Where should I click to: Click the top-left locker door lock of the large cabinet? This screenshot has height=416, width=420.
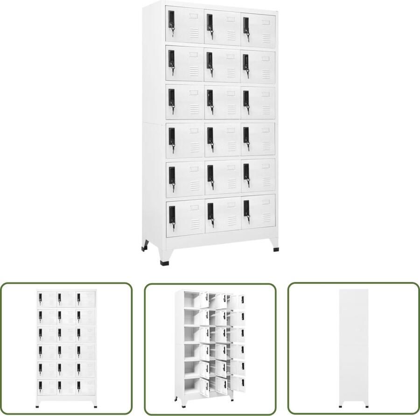[x=172, y=20]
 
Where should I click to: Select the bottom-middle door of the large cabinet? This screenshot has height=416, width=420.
[x=222, y=217]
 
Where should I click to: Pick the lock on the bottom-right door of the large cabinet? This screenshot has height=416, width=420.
[x=246, y=209]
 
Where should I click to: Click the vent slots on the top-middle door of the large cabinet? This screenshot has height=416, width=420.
[x=231, y=34]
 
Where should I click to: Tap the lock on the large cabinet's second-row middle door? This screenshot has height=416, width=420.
[x=210, y=60]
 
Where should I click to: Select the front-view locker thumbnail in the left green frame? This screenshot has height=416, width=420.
[x=67, y=348]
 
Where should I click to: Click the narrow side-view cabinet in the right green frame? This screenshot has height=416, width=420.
[x=353, y=348]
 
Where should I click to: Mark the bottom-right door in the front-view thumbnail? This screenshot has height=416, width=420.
[x=86, y=386]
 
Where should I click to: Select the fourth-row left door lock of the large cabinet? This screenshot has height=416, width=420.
[x=172, y=136]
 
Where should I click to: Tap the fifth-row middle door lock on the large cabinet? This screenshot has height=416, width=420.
[x=210, y=173]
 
